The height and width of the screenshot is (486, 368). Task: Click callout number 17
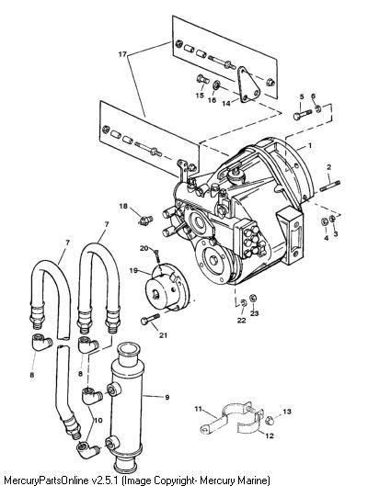pyautogui.click(x=123, y=54)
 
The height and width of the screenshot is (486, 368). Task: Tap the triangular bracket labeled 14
pyautogui.click(x=248, y=85)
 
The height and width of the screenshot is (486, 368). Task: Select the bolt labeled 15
pyautogui.click(x=203, y=79)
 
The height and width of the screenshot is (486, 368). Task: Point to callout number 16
pyautogui.click(x=212, y=100)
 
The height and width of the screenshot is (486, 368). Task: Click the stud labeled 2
pyautogui.click(x=329, y=184)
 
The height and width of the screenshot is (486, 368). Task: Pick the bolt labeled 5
pyautogui.click(x=303, y=114)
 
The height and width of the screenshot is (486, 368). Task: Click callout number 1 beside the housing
pyautogui.click(x=309, y=145)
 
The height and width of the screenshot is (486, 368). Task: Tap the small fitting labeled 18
pyautogui.click(x=145, y=220)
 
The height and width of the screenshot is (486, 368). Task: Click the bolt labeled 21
pyautogui.click(x=151, y=319)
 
